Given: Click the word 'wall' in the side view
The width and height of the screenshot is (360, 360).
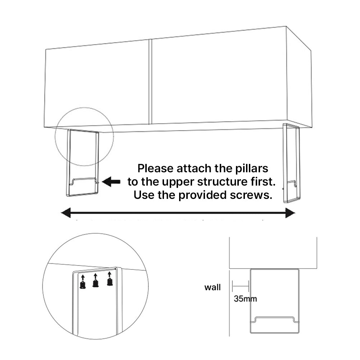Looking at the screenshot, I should click(x=213, y=287).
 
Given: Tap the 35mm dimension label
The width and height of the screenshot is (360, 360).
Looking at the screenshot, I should click(x=245, y=298).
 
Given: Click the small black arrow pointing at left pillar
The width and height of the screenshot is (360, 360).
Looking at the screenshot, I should click(x=111, y=182).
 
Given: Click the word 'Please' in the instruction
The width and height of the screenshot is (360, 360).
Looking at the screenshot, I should click(x=155, y=169).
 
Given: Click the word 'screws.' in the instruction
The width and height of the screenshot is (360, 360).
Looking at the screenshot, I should click(x=254, y=195).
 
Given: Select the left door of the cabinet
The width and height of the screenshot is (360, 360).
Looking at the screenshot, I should click(x=97, y=83).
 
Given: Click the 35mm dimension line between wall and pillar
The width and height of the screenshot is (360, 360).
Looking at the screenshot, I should click(x=240, y=287).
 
